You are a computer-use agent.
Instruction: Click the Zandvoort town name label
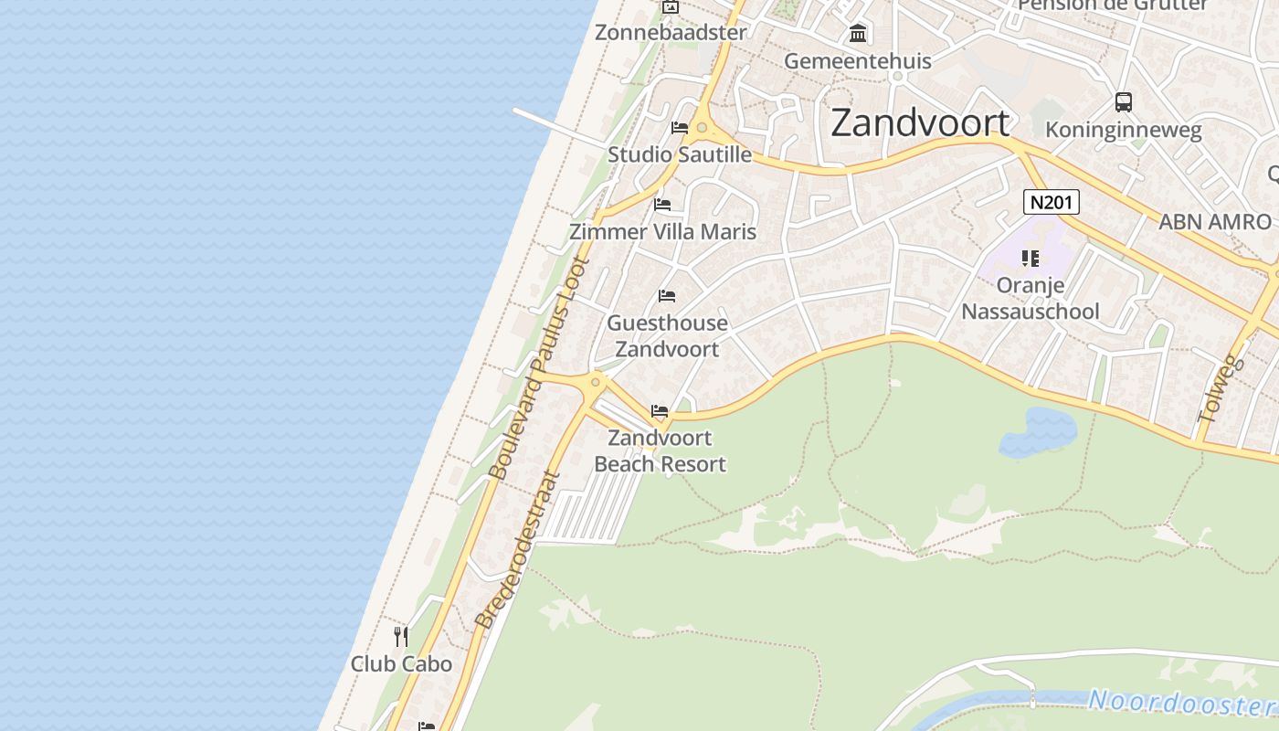pos(920,123)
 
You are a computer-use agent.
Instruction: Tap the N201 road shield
pos(1051,202)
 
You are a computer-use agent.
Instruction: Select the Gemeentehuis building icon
pos(858,34)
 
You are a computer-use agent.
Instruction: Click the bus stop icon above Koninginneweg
pos(1124,102)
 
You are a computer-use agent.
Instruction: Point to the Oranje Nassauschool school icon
pos(1031,259)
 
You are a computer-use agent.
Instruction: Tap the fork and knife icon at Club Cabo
pos(401,636)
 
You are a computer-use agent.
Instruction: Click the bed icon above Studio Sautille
pos(680,127)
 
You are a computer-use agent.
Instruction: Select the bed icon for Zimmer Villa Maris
pos(663,204)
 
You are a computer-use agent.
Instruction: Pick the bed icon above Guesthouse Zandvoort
pos(667,296)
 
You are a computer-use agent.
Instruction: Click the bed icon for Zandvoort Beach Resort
pos(660,411)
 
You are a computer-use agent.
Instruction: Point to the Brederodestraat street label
pos(516,548)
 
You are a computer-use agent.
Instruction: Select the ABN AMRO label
pos(1214,222)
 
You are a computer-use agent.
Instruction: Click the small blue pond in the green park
pos(1039,432)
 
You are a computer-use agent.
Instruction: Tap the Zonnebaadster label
pos(671,33)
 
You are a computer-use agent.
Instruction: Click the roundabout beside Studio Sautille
pos(702,129)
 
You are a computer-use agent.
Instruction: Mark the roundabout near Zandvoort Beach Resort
pos(596,382)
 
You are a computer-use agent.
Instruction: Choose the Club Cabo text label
pos(401,664)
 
